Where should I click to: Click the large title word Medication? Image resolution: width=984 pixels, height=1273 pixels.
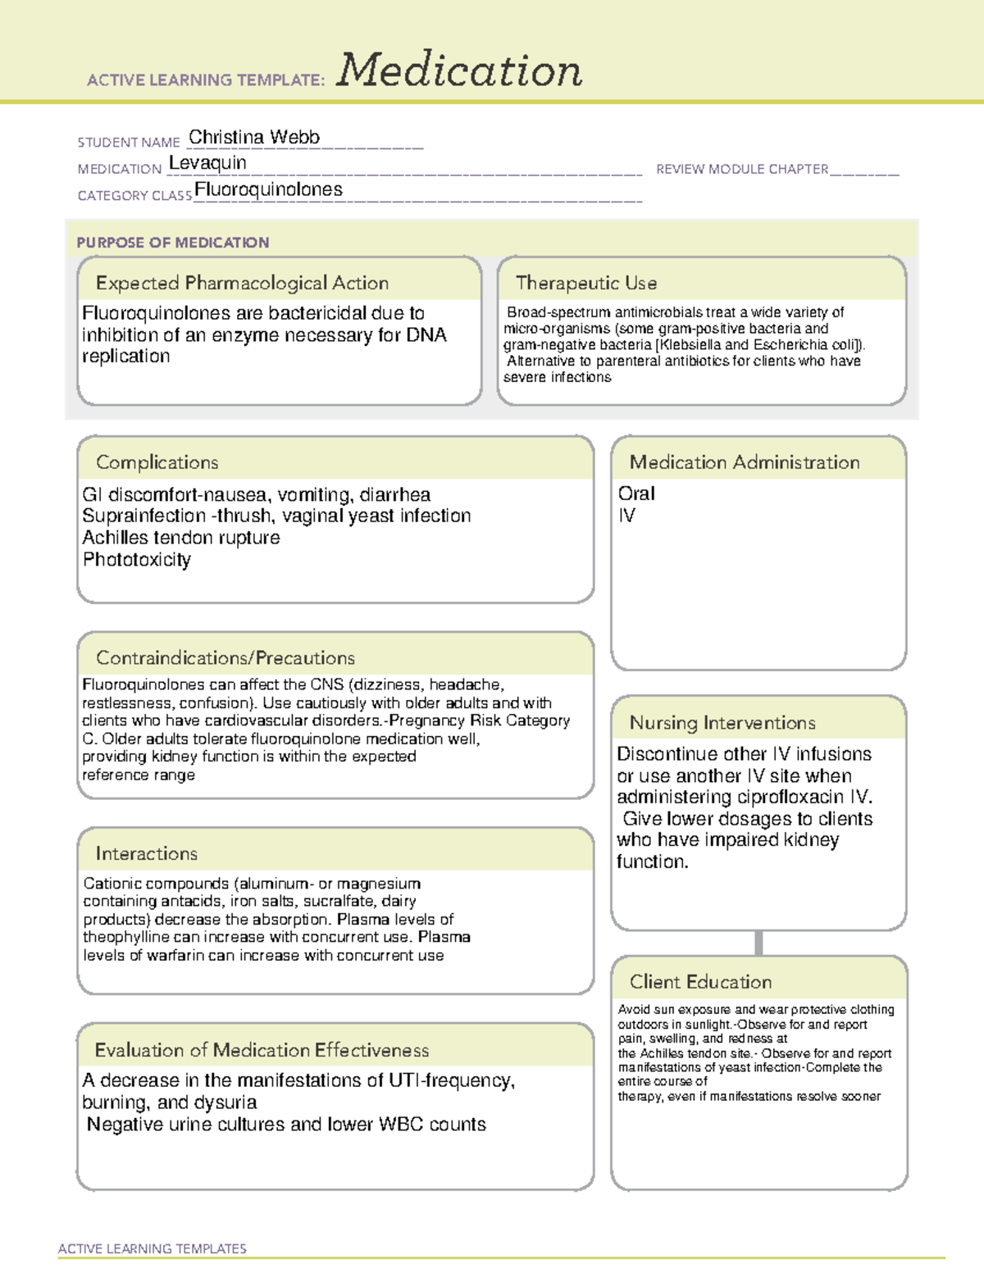tap(459, 70)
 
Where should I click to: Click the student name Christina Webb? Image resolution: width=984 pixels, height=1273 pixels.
tap(254, 138)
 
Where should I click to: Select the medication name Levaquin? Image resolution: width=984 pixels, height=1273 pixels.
tap(207, 163)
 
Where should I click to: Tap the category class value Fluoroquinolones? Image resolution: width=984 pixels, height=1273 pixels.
tap(268, 189)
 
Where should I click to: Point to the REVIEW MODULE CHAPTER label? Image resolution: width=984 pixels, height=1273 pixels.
tap(742, 169)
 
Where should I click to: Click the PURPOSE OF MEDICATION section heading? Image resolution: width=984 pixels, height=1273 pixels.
tap(173, 243)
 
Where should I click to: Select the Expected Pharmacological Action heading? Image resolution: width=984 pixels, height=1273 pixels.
tap(242, 283)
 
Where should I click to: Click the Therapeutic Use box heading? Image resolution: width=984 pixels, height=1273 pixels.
tap(586, 283)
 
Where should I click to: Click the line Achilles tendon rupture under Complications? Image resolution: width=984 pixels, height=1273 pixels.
tap(181, 538)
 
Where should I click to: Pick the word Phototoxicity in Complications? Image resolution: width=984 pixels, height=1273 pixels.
tap(137, 560)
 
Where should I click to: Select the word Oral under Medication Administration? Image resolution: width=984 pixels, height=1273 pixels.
tap(636, 493)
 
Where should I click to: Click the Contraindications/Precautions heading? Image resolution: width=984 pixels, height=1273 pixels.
tap(225, 657)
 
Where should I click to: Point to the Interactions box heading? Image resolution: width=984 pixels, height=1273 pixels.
tap(147, 853)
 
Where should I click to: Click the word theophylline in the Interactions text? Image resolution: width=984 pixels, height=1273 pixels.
tap(126, 937)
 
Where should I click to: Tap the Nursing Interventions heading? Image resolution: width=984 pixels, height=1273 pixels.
tap(722, 722)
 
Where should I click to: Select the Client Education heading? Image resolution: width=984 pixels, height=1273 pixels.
tap(700, 981)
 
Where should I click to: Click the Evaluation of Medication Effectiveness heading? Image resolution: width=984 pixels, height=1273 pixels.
tap(262, 1050)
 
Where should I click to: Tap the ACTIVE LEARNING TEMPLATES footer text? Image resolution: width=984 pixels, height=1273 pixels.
tap(153, 1248)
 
